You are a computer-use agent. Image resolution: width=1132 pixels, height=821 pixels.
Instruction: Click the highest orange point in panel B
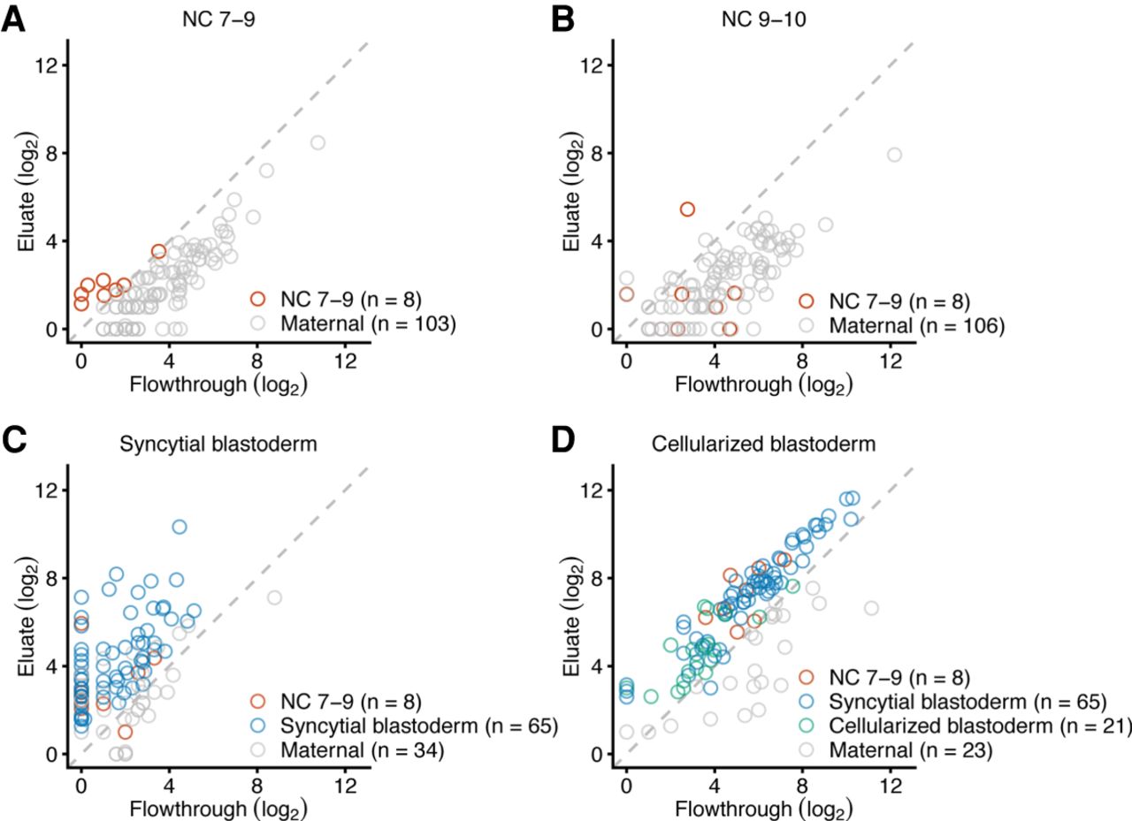point(687,209)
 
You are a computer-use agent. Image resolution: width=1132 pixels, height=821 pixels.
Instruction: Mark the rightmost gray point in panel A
point(317,142)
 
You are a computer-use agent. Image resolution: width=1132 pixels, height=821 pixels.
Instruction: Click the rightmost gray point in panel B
point(894,155)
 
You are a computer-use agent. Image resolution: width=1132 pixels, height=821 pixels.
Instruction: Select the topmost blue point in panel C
point(180,527)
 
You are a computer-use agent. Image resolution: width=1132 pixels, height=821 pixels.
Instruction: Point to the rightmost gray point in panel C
point(274,597)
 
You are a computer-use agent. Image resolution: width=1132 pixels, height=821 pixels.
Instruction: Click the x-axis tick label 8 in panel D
point(802,781)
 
